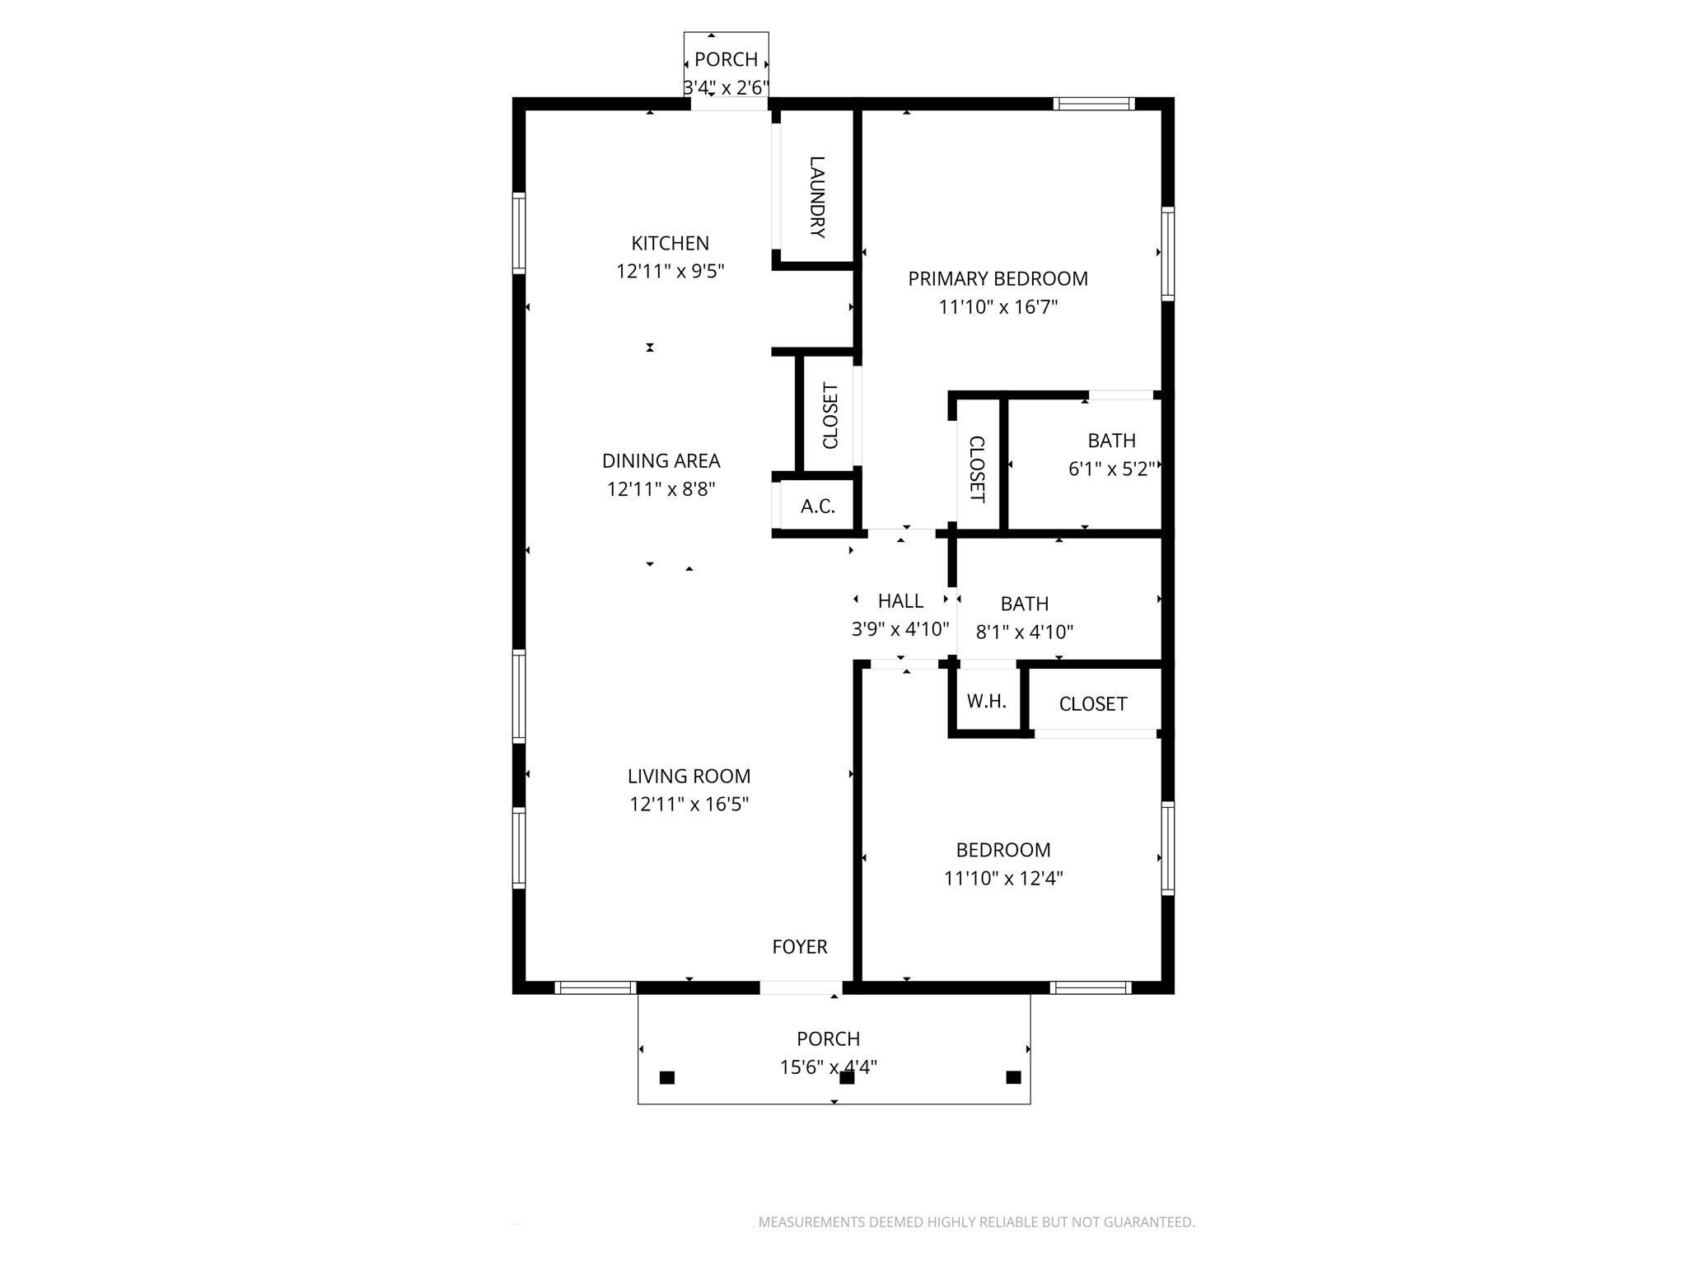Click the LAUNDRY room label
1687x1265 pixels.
817,197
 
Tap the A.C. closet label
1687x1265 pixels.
818,506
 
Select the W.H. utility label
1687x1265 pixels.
986,702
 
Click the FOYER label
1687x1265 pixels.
799,947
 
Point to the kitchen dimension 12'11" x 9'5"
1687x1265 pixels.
670,271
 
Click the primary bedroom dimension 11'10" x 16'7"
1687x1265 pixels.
998,307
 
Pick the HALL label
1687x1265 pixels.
900,601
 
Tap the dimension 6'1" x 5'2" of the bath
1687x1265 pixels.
1111,469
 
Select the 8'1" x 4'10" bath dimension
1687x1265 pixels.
1024,632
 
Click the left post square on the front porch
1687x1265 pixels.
667,1077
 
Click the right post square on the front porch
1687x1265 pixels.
1013,1077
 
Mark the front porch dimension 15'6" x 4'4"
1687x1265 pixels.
828,1067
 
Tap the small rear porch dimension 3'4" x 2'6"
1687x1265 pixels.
726,87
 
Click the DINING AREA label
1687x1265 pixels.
661,461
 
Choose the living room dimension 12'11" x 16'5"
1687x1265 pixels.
689,805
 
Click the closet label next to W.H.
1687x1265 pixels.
1092,704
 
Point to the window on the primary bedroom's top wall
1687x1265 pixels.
1093,104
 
